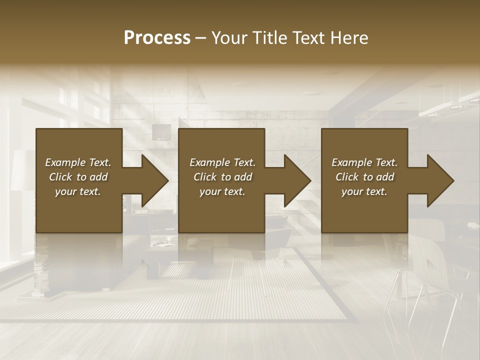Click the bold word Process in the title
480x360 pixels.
(157, 38)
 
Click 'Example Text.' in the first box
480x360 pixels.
(78, 162)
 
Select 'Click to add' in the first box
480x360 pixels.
(78, 177)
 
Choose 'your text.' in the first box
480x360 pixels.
(78, 191)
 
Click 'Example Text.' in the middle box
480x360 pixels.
(222, 162)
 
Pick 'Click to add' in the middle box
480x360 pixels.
(222, 177)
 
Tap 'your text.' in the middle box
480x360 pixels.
(222, 191)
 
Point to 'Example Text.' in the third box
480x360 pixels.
(364, 162)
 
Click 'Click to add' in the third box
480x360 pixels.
(364, 177)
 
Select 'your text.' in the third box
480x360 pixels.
(364, 191)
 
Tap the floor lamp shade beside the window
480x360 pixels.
(22, 170)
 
